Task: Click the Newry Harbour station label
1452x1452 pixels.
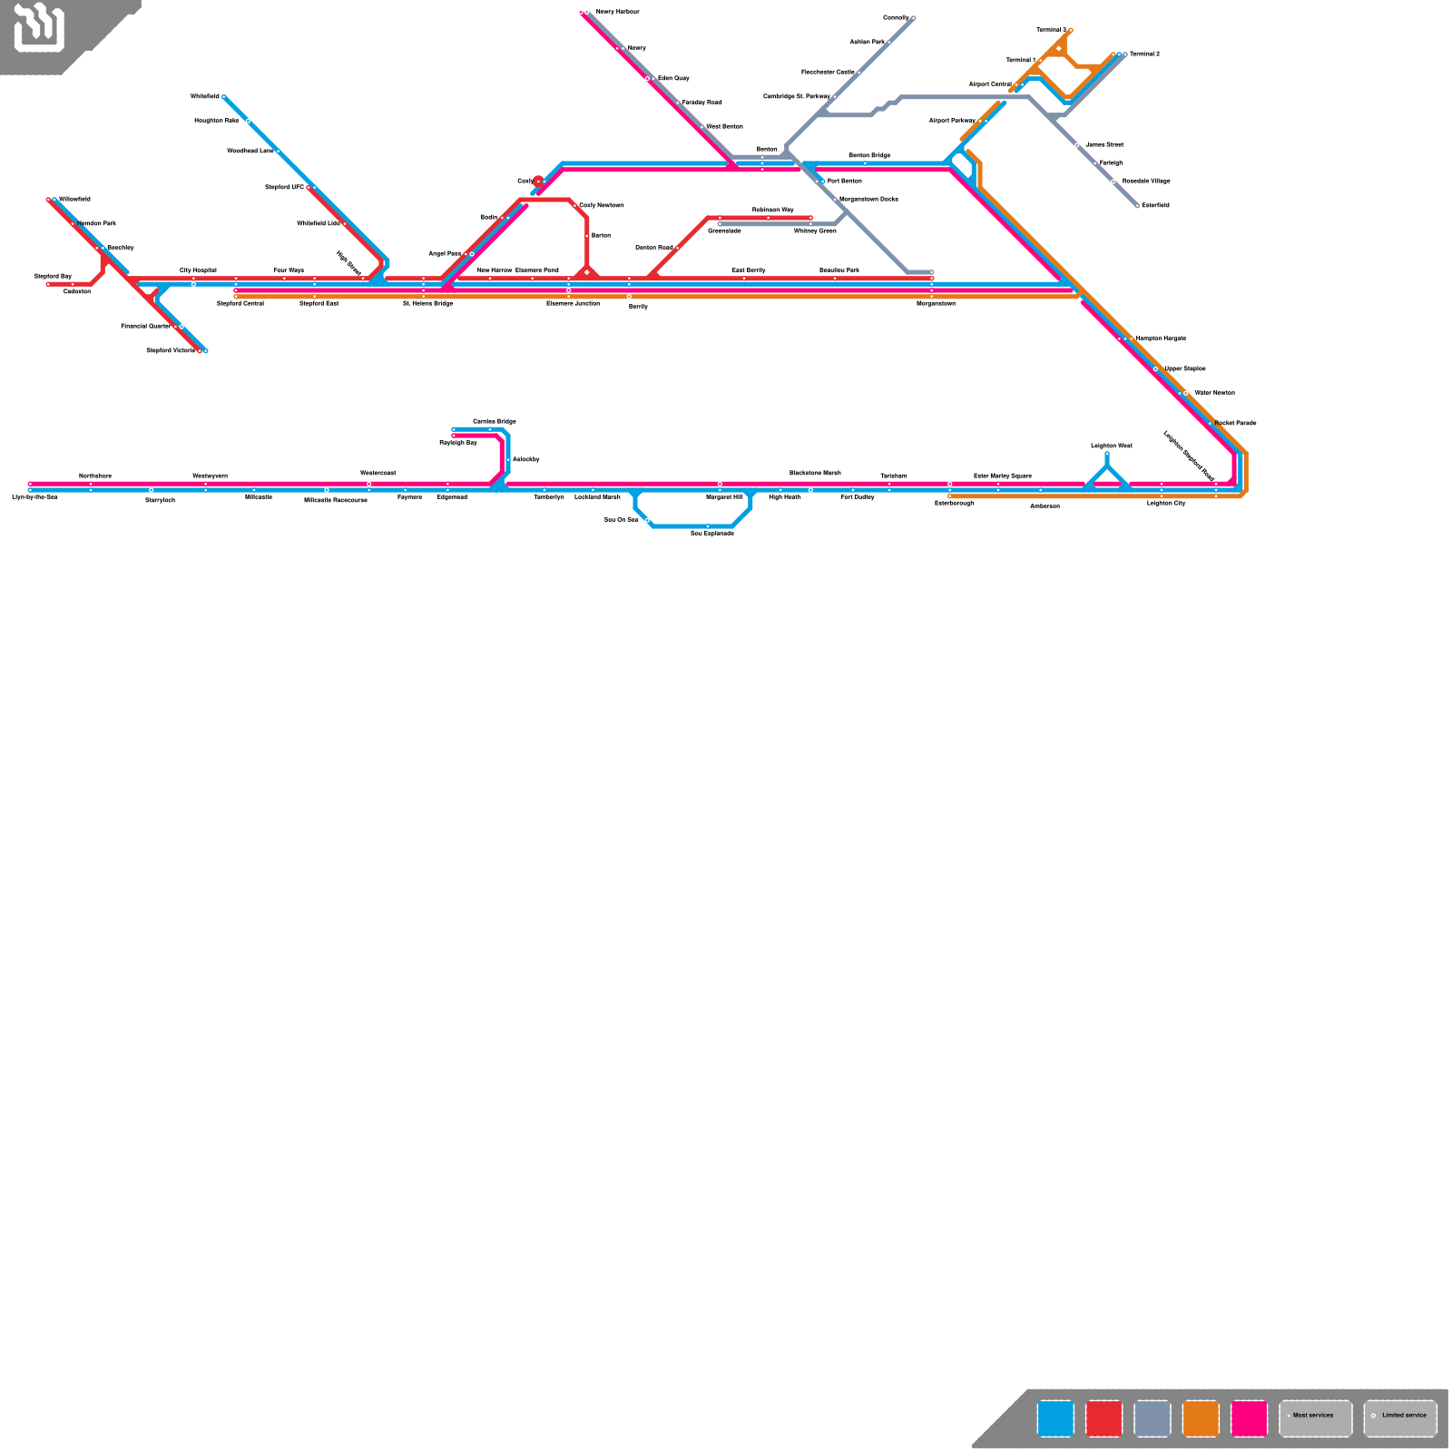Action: point(617,12)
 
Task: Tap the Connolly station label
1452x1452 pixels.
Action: point(896,18)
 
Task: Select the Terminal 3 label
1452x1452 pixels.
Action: point(1052,30)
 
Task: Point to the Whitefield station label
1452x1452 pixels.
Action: point(205,96)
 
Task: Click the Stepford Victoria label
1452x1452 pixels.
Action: point(171,350)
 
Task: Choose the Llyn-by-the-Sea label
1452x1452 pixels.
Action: point(34,497)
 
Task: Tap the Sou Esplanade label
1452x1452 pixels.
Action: point(712,534)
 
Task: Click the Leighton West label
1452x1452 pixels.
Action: point(1112,446)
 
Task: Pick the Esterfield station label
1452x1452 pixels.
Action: point(1155,205)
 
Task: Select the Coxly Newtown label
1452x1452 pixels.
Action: point(602,205)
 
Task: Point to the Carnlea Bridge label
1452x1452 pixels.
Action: point(495,421)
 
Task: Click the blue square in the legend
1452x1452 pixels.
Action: point(1055,1418)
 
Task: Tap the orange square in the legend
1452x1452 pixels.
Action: point(1201,1418)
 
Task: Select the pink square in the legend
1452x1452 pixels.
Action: point(1250,1418)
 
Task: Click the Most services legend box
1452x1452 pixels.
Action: point(1316,1418)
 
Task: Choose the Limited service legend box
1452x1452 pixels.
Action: point(1400,1418)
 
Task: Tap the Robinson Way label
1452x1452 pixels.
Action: point(773,210)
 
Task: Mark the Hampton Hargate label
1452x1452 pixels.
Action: point(1161,338)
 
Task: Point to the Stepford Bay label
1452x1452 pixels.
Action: point(53,276)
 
